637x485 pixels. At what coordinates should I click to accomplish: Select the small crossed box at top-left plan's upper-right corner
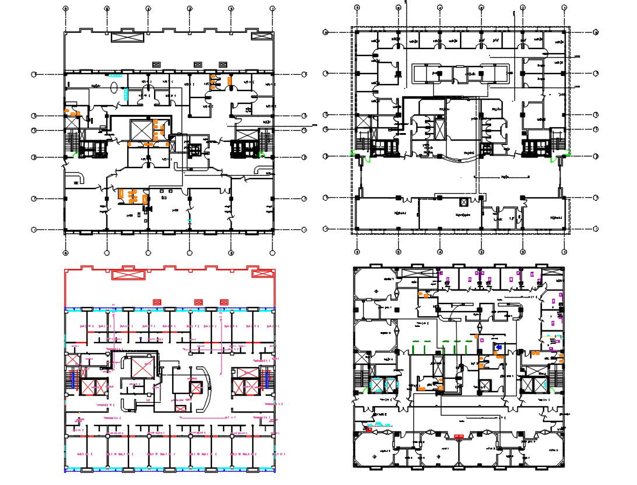coord(257,36)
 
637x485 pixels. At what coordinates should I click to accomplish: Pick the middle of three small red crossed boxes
coord(198,302)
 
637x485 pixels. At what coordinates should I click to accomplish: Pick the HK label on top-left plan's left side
coord(75,183)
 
